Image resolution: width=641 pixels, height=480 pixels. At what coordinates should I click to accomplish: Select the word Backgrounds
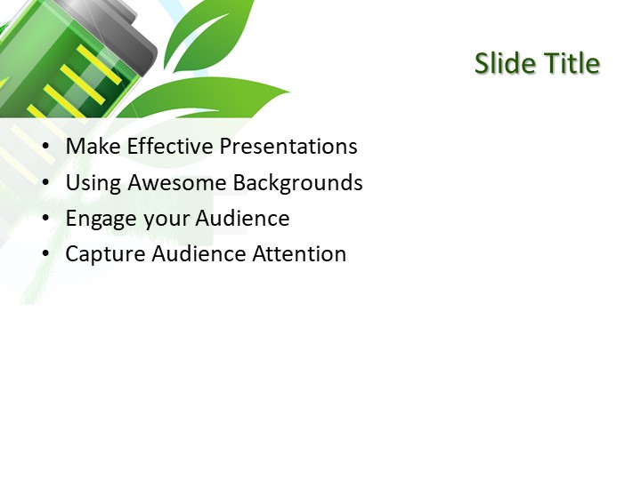[x=298, y=184]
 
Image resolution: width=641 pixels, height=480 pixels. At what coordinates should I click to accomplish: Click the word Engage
[x=100, y=220]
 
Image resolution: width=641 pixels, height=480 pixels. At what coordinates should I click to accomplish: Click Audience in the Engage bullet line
[x=243, y=219]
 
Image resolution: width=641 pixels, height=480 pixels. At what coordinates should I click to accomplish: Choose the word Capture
[x=105, y=255]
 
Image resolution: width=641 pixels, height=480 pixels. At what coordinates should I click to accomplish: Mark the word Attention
[x=299, y=254]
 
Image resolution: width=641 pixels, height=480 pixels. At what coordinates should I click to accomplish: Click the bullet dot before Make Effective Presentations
[x=46, y=148]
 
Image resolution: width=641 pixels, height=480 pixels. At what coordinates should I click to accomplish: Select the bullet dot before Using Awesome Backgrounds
[x=46, y=184]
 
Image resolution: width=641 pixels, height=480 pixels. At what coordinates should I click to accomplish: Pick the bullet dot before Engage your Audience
[x=46, y=220]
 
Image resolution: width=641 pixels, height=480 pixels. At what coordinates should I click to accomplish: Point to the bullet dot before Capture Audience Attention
[x=46, y=255]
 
